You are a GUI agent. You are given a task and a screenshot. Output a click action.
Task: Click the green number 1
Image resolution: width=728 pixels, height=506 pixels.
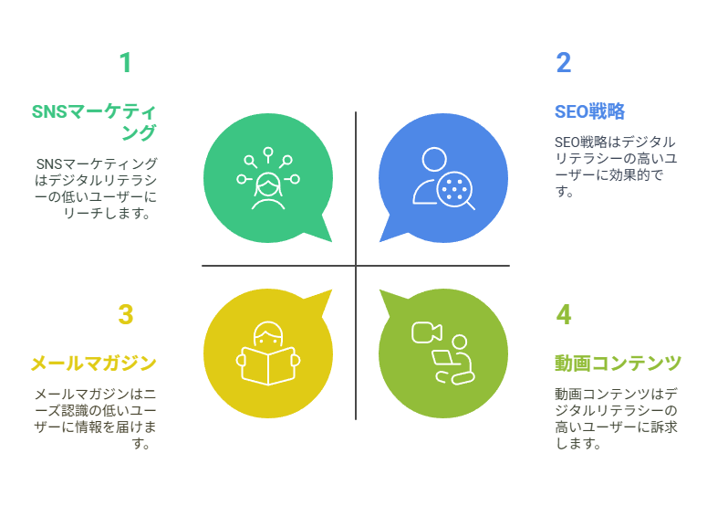tap(125, 63)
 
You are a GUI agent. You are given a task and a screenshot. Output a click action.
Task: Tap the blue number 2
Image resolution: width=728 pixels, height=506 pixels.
tap(564, 63)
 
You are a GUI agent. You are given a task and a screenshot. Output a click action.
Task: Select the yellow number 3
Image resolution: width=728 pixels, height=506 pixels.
tap(126, 314)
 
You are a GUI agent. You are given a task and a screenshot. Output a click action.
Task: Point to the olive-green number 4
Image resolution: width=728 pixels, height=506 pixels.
tap(564, 314)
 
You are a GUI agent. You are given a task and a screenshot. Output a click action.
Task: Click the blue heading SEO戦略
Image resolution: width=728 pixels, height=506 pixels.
tap(589, 111)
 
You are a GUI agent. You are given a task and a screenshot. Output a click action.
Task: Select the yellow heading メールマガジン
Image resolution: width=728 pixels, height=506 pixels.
tap(93, 364)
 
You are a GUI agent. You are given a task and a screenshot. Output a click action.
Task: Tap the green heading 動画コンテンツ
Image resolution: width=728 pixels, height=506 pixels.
tap(618, 364)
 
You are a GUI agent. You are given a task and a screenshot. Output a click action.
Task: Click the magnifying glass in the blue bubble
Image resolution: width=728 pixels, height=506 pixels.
tap(455, 191)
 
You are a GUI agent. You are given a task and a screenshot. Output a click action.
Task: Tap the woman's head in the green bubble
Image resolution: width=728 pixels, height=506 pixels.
tap(268, 184)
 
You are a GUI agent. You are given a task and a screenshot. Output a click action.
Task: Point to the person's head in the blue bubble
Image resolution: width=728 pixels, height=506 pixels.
tap(434, 159)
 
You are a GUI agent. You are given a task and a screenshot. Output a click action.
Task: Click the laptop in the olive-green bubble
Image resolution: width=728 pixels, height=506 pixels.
tap(442, 359)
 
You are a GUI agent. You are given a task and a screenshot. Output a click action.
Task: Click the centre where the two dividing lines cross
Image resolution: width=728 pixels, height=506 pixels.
tap(356, 266)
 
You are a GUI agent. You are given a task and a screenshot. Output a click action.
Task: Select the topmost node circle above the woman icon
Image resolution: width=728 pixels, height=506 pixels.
tap(268, 153)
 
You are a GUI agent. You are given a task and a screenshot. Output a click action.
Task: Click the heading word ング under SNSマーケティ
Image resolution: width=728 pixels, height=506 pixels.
tap(139, 132)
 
